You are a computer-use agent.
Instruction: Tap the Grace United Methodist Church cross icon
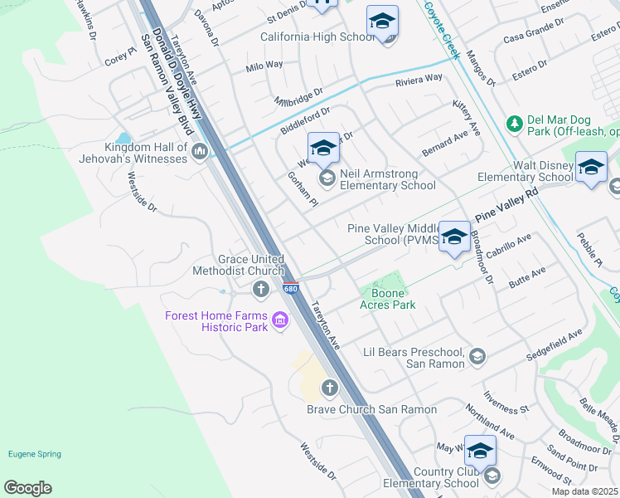pos(261,289)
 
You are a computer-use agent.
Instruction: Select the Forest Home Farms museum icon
pos(279,320)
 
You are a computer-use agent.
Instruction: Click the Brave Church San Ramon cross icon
pos(330,388)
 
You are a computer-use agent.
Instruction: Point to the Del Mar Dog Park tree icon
pos(514,124)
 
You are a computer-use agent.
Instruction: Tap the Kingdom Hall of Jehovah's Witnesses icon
pos(200,152)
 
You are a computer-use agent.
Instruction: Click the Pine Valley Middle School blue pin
pos(454,237)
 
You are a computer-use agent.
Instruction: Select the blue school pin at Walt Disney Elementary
pos(591,168)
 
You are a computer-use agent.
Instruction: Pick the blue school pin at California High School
pos(382,22)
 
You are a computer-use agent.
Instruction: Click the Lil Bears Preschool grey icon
pos(477,357)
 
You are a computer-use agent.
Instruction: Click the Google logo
pos(27,488)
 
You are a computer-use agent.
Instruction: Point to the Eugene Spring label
pos(34,454)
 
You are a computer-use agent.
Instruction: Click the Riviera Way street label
pos(419,79)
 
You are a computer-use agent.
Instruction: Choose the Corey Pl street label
pos(121,59)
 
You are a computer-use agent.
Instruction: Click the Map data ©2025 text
pos(584,491)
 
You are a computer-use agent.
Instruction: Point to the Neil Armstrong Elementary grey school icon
pos(327,178)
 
